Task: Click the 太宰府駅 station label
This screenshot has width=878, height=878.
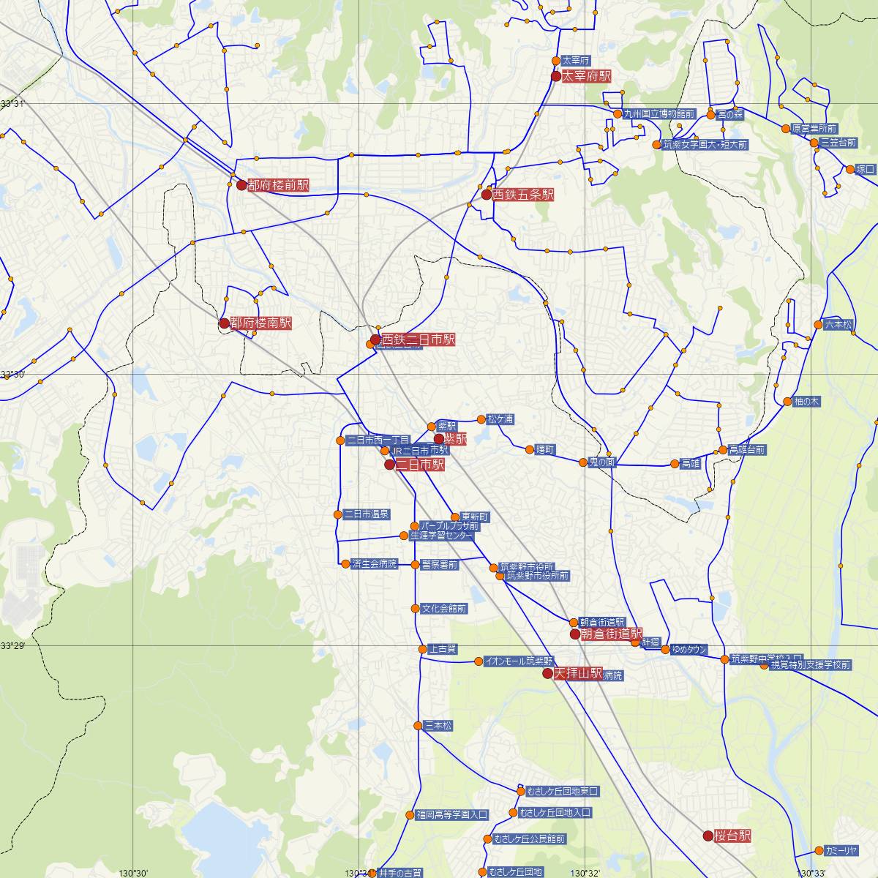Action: pyautogui.click(x=585, y=76)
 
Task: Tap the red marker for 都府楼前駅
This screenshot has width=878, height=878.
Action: pyautogui.click(x=241, y=185)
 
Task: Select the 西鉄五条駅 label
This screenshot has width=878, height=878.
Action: pyautogui.click(x=522, y=195)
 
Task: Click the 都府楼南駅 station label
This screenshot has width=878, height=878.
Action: pyautogui.click(x=260, y=323)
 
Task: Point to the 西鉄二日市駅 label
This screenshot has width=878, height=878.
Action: pyautogui.click(x=418, y=339)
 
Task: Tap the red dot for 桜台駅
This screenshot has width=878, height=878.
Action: pyautogui.click(x=708, y=836)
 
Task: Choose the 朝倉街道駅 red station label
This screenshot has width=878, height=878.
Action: pyautogui.click(x=611, y=634)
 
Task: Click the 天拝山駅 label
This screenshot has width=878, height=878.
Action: pyautogui.click(x=578, y=673)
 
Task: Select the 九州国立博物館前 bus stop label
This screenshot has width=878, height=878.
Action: pyautogui.click(x=658, y=114)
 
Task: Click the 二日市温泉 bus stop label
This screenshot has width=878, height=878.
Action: pyautogui.click(x=367, y=514)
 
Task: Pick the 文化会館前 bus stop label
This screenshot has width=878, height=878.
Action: pyautogui.click(x=443, y=608)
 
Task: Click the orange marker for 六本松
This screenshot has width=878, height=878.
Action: pyautogui.click(x=818, y=325)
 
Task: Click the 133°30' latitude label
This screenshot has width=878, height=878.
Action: pyautogui.click(x=12, y=375)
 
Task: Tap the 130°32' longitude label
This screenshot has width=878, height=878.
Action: pyautogui.click(x=585, y=873)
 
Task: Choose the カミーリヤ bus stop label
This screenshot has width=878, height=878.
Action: pyautogui.click(x=840, y=851)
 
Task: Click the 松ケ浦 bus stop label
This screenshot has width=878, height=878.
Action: pyautogui.click(x=500, y=419)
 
